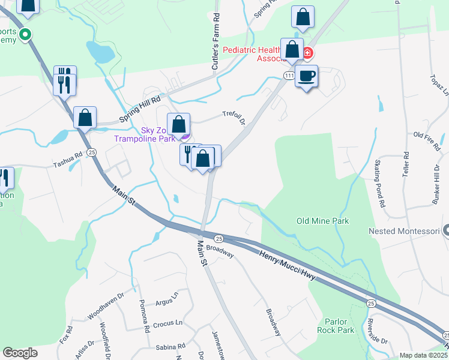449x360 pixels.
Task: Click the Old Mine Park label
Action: (322, 221)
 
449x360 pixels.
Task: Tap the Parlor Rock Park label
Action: (340, 325)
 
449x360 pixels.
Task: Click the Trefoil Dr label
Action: (234, 118)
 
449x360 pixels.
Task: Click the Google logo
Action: (20, 353)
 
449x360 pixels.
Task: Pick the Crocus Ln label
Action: (167, 323)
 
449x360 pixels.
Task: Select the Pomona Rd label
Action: (144, 316)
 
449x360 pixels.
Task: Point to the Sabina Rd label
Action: (170, 347)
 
